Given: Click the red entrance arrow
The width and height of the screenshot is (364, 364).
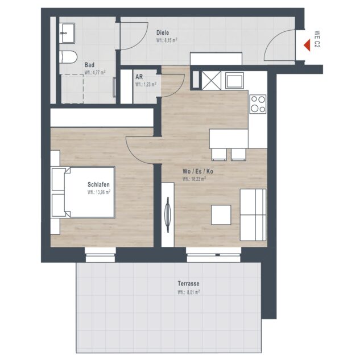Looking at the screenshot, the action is coord(308,45).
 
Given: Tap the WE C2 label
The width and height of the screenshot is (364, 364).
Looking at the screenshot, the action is coord(317,39).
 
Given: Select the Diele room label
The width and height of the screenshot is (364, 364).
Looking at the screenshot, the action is coord(163,33).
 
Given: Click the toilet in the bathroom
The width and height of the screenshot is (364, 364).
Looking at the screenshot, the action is coord(68,57).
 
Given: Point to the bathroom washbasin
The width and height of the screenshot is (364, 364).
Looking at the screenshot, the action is coord(67,33).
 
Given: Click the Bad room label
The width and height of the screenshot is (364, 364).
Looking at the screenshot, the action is coord(89,65).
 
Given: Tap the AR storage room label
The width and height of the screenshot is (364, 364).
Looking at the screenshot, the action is coord(139,77).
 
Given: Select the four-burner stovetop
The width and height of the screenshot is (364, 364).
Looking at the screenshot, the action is coord(258,104).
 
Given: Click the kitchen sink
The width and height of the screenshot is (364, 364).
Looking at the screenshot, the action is coord(234,81).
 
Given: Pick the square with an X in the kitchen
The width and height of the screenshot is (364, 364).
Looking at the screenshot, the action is coord(211,81).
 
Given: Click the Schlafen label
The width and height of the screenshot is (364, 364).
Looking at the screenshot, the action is coord(98,184).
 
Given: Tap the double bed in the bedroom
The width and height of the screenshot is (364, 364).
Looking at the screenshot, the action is coord(83,192).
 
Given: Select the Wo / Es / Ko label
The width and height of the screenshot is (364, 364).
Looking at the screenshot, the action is coord(198,171).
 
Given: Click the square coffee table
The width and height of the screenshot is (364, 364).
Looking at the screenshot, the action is coord(221,215).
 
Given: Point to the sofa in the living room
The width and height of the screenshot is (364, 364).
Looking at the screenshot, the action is coord(253,215).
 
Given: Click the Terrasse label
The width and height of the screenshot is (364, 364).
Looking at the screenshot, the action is coord(188,283).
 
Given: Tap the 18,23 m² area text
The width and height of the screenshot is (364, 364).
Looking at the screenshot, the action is coord(194,179).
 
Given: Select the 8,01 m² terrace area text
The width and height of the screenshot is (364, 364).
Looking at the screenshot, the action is coord(189,292).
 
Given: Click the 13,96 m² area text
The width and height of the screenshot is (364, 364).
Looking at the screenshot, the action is coord(99,192).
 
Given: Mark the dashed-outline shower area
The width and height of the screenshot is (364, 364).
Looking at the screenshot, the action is coord(72,89).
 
